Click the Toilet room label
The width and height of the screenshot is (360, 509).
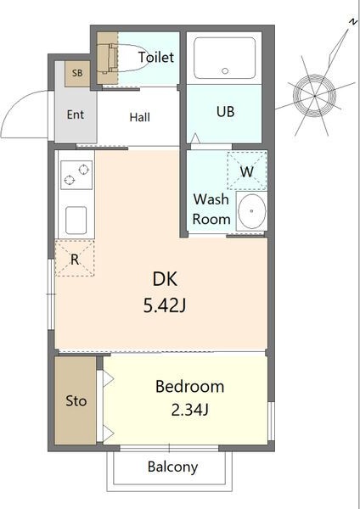click(156, 57)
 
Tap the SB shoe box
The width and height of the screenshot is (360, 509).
click(77, 74)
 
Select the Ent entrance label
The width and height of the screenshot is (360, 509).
click(76, 115)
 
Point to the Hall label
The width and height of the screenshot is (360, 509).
click(140, 117)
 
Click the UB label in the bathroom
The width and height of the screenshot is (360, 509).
click(225, 112)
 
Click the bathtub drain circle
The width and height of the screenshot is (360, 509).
click(225, 70)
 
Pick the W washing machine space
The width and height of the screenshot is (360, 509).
click(247, 171)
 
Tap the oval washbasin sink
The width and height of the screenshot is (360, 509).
click(252, 211)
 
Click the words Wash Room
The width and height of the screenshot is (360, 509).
click(211, 209)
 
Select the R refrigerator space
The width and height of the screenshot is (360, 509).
click(75, 258)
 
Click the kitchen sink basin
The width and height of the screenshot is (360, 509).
click(76, 221)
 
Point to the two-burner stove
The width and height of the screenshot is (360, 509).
click(76, 176)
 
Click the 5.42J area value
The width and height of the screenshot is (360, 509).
click(165, 305)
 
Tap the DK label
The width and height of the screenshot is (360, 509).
click(165, 279)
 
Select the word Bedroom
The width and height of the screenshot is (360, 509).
click(189, 386)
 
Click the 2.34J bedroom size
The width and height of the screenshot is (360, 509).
click(189, 411)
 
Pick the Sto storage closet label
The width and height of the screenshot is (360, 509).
click(76, 401)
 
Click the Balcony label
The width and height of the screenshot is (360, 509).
click(172, 467)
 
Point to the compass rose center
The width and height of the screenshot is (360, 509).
click(314, 96)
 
